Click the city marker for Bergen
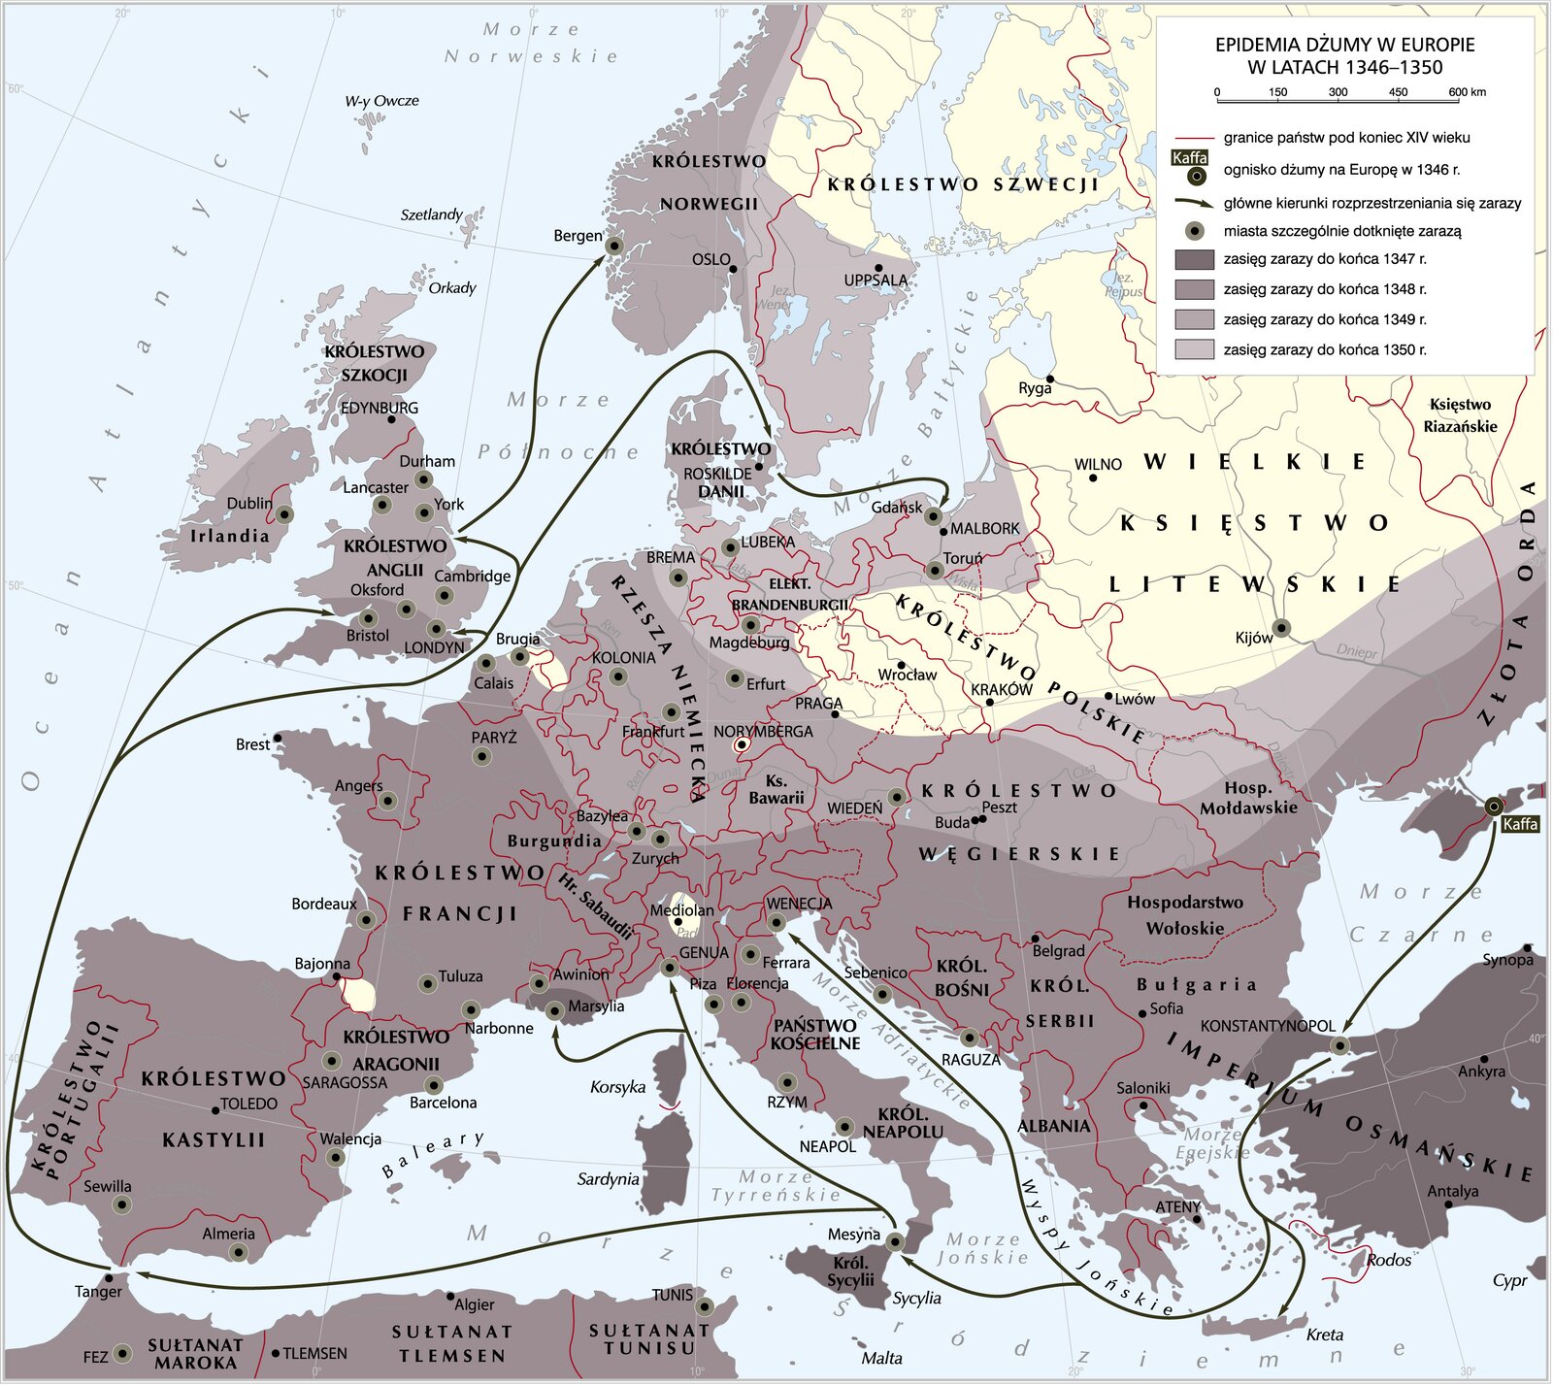pyautogui.click(x=613, y=247)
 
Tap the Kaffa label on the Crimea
pyautogui.click(x=1519, y=824)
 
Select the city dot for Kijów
pyautogui.click(x=1281, y=628)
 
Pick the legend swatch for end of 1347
pyautogui.click(x=1194, y=259)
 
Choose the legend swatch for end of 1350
pyautogui.click(x=1194, y=349)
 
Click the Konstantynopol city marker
pyautogui.click(x=1339, y=1045)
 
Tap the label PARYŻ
pyautogui.click(x=493, y=738)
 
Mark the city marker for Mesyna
pyautogui.click(x=895, y=1241)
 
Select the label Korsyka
pyautogui.click(x=617, y=1087)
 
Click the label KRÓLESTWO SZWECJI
pyautogui.click(x=962, y=184)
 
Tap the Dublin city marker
pyautogui.click(x=284, y=514)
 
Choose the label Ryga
pyautogui.click(x=1035, y=388)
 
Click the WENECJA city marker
pyautogui.click(x=776, y=922)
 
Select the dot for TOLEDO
pyautogui.click(x=215, y=1109)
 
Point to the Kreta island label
pyautogui.click(x=1324, y=1335)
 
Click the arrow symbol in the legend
pyautogui.click(x=1194, y=203)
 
